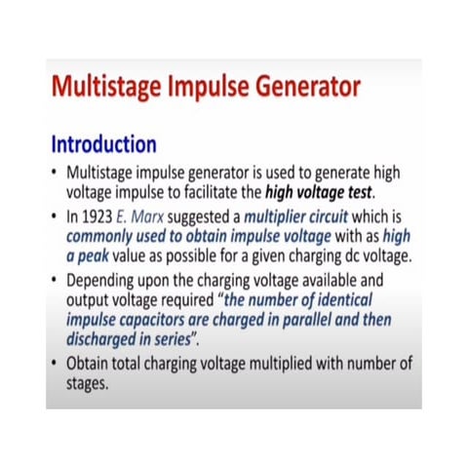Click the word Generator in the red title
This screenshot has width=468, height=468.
(x=292, y=89)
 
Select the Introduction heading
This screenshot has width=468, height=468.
(x=103, y=145)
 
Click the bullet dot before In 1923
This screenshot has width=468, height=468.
(x=57, y=215)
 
